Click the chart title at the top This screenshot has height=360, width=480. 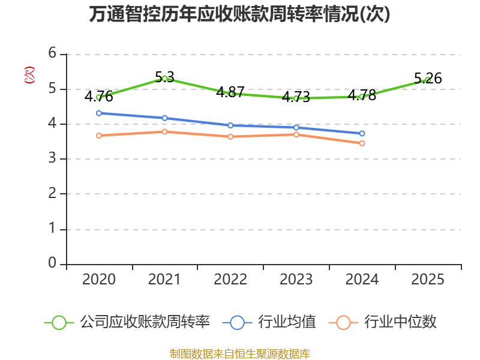coord(239,14)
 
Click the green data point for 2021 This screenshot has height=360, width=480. coord(164,79)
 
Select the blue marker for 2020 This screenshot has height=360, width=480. coord(99,113)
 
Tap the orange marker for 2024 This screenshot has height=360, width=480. coord(362,143)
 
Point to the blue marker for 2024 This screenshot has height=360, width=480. coord(362,133)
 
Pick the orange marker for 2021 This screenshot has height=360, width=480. coord(164,131)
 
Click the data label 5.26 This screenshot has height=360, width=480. coord(428,79)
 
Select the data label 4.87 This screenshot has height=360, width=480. coord(230,92)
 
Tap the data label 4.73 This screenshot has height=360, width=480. coord(296,97)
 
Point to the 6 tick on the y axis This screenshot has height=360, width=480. coord(52,53)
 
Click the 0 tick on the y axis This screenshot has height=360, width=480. coord(52,263)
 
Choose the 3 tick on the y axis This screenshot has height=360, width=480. coord(52,158)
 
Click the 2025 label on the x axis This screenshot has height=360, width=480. coord(428,280)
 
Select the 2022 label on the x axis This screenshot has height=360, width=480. coord(230,280)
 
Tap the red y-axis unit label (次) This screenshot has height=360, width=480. coord(29,76)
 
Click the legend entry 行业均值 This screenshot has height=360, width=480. coord(269,322)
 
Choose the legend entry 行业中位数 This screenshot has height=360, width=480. coord(383,322)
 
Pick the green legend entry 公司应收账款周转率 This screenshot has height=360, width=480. coord(127,322)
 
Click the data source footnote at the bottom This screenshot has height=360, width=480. coord(240,354)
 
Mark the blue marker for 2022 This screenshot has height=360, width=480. coord(230,125)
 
